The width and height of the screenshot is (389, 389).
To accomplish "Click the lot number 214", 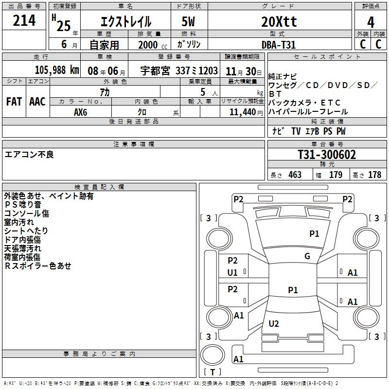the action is point(24,20).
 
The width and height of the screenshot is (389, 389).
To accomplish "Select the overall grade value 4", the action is point(371,22).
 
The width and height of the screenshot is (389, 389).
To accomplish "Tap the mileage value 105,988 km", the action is point(57,70).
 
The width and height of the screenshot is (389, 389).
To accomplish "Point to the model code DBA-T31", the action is point(279,45).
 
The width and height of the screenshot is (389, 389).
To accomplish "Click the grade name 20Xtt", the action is point(279,21).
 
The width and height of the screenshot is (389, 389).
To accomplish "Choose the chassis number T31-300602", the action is point(327,155).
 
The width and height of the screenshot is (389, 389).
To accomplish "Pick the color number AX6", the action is point(80,112).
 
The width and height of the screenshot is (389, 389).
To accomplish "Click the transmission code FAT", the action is point(14,102).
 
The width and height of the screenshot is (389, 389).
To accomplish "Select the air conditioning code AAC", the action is point(37,102).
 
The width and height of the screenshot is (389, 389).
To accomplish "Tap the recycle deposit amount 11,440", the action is point(243,112).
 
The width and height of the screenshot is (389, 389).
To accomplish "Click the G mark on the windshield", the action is point(307,256).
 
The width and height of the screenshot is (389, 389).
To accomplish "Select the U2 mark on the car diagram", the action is point(274,323).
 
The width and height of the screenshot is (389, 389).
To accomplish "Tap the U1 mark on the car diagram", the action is point(232,273).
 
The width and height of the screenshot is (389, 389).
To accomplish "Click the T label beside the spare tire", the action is point(212,372).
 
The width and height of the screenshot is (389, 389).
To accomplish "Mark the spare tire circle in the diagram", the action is point(212,355).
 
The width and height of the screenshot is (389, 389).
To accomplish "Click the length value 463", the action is point(295,175).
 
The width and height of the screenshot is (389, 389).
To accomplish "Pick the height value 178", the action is point(374,175).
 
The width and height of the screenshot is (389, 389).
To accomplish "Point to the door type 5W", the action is point(188,21).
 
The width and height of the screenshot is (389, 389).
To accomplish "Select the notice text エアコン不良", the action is point(29,155).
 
